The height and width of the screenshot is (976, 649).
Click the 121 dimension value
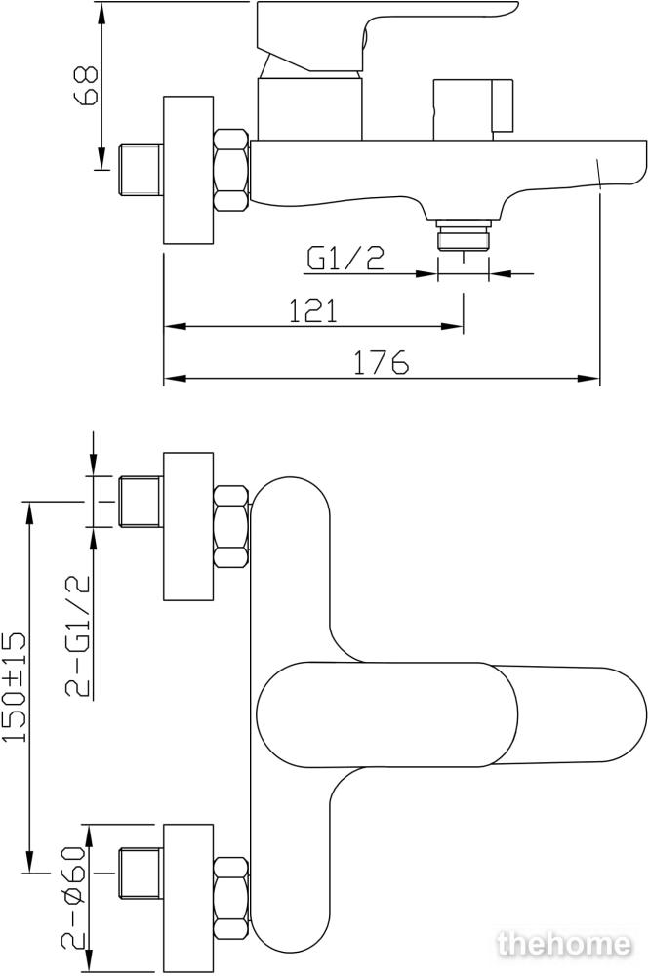313,310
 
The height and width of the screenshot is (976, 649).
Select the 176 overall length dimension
381,362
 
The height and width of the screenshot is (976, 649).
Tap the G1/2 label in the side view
345,259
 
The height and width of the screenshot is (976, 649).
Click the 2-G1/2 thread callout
78,635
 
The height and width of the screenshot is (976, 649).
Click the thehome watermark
564,944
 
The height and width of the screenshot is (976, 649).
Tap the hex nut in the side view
231,169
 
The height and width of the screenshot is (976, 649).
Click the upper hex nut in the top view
231,527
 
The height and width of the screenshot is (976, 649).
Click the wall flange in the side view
188,170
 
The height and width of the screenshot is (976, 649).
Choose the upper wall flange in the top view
188,527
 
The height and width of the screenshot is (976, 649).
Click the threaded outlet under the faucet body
463,234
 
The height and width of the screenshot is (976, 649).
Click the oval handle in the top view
452,714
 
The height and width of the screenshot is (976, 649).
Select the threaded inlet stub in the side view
141,169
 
